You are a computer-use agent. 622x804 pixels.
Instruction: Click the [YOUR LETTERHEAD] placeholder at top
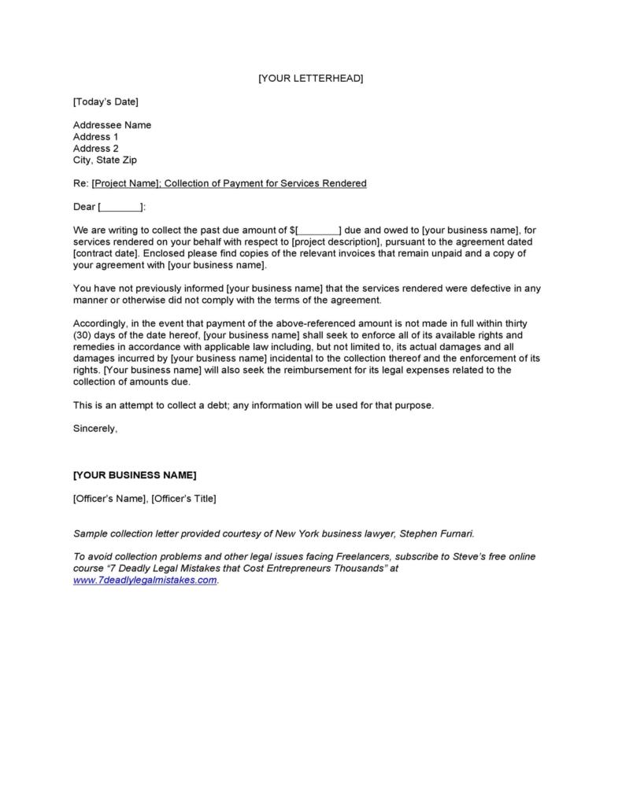pos(310,79)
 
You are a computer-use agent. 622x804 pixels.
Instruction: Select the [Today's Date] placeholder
pos(106,101)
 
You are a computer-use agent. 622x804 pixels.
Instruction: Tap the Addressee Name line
pos(112,125)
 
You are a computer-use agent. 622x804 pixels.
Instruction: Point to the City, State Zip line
pos(105,160)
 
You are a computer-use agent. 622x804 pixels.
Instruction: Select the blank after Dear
pos(121,208)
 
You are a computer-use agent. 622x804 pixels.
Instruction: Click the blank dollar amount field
pos(318,231)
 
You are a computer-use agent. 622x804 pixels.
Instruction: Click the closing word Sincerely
pos(95,429)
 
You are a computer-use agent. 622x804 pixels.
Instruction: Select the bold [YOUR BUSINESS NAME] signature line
pos(135,475)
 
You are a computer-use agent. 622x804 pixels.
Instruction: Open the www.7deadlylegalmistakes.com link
pos(145,581)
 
